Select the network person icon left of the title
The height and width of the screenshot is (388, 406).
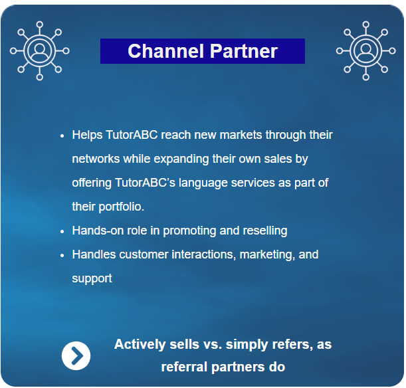pyautogui.click(x=40, y=51)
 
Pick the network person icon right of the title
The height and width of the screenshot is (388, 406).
pyautogui.click(x=365, y=51)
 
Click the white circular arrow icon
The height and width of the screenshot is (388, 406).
pyautogui.click(x=76, y=356)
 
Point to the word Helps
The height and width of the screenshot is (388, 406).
pyautogui.click(x=87, y=135)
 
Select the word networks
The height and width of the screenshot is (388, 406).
pyautogui.click(x=96, y=159)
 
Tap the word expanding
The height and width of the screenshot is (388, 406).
pyautogui.click(x=181, y=159)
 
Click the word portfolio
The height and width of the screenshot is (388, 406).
pyautogui.click(x=121, y=207)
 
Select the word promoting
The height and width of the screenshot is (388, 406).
pyautogui.click(x=189, y=231)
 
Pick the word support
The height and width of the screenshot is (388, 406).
pyautogui.click(x=92, y=278)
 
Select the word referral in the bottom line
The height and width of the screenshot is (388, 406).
pyautogui.click(x=185, y=367)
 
